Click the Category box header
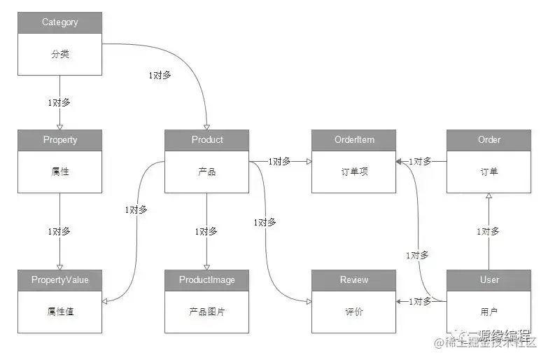pyautogui.click(x=60, y=22)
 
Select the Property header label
pyautogui.click(x=60, y=140)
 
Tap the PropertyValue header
pyautogui.click(x=60, y=280)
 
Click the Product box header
pyautogui.click(x=207, y=140)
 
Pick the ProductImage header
pyautogui.click(x=207, y=280)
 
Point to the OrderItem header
pyautogui.click(x=354, y=140)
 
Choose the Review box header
pyautogui.click(x=354, y=280)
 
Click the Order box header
pyautogui.click(x=489, y=140)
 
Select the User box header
pyautogui.click(x=489, y=280)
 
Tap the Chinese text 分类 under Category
pyautogui.click(x=60, y=54)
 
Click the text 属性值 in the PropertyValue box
pyautogui.click(x=60, y=312)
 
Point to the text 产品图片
pyautogui.click(x=207, y=312)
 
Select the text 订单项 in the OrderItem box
pyautogui.click(x=354, y=172)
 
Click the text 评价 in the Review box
pyautogui.click(x=354, y=312)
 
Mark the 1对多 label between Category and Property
pyautogui.click(x=59, y=102)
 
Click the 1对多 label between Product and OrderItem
pyautogui.click(x=279, y=161)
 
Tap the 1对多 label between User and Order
pyautogui.click(x=488, y=231)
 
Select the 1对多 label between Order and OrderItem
pyautogui.click(x=421, y=161)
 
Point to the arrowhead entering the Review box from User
pyautogui.click(x=400, y=302)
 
